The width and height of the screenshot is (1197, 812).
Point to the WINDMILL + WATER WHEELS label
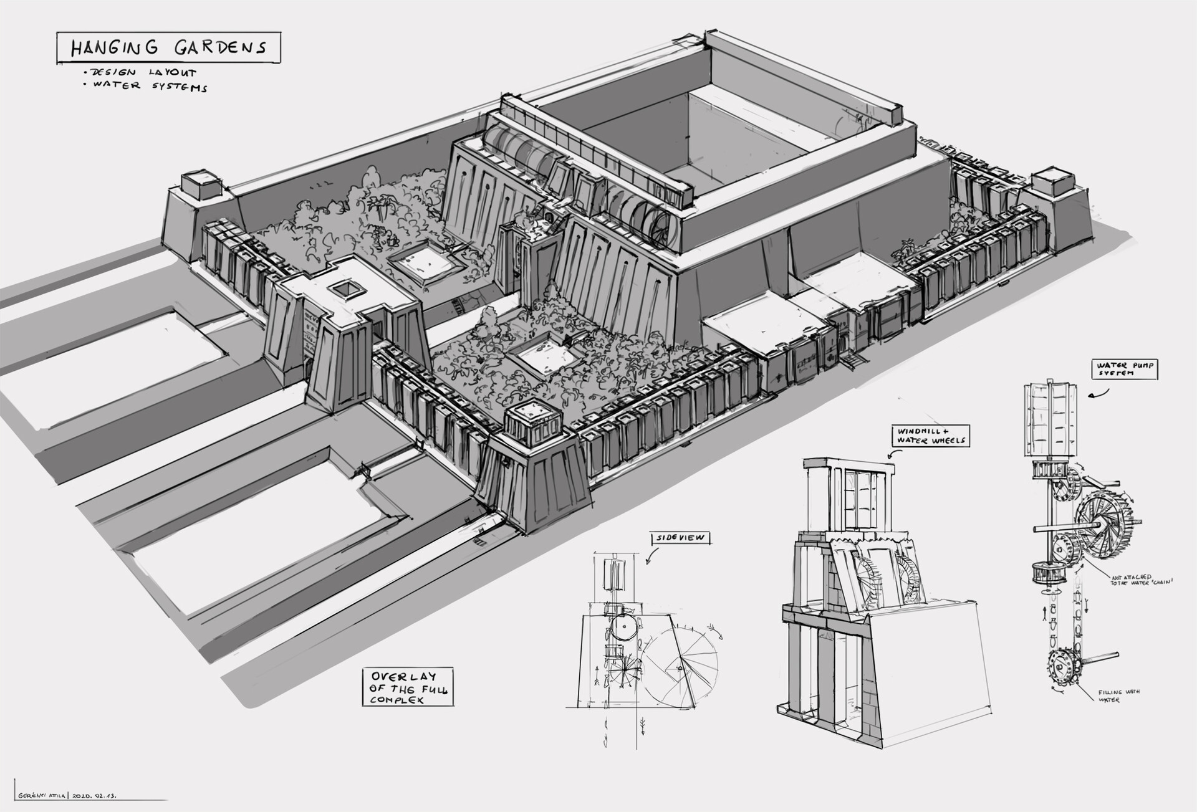point(931,436)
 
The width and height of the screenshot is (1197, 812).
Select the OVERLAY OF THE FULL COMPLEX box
point(408,687)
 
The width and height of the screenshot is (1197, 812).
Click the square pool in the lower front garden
point(542,358)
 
